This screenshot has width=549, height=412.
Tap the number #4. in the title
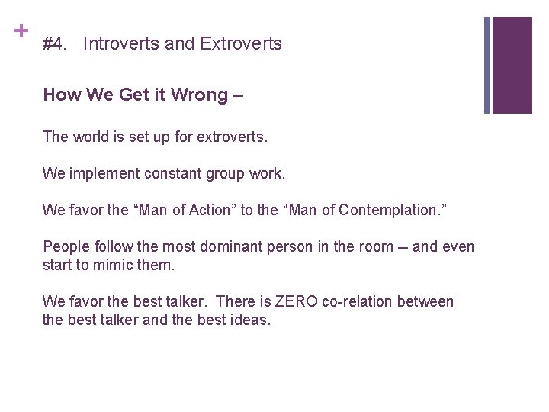pyautogui.click(x=56, y=44)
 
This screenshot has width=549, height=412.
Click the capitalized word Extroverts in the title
pyautogui.click(x=241, y=44)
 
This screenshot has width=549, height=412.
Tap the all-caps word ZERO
pyautogui.click(x=296, y=302)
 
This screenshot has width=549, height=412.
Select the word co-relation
pyautogui.click(x=362, y=302)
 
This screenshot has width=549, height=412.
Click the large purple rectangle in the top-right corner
pyautogui.click(x=512, y=65)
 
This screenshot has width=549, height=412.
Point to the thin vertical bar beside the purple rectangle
pyautogui.click(x=488, y=65)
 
